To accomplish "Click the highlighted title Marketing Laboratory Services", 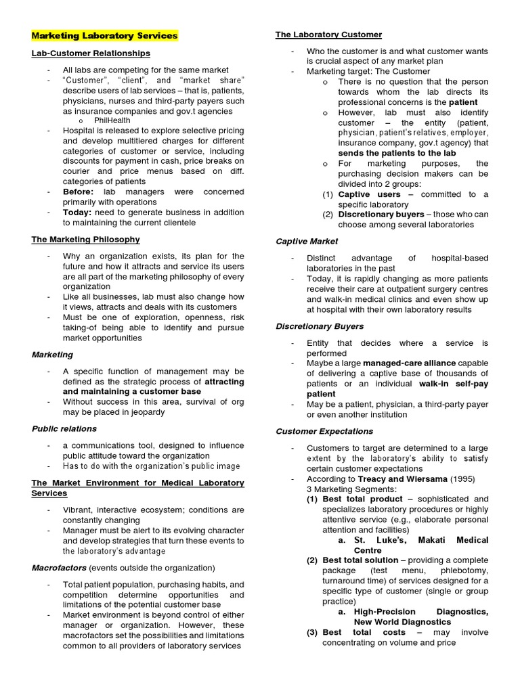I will click(x=104, y=36).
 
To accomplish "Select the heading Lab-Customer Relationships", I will click(x=91, y=53).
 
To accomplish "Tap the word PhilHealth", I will click(x=112, y=120).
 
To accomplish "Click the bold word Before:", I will click(x=79, y=192).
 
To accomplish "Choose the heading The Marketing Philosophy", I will click(x=86, y=240).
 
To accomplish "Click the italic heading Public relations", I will click(x=64, y=428).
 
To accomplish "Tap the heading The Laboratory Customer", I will click(x=328, y=35).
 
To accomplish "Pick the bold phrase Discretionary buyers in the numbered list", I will click(x=381, y=215).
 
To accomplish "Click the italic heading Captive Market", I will click(x=307, y=241).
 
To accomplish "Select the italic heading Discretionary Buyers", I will click(x=320, y=326).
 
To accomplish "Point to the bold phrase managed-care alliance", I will click(x=409, y=363).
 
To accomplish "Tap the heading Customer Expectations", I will click(x=324, y=431).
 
